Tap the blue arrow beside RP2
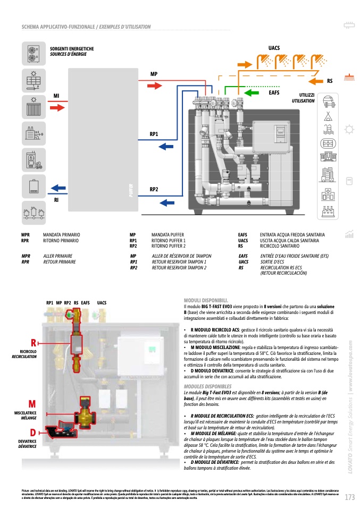coord(167,202)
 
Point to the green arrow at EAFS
coord(246,97)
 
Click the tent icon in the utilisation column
coord(328,115)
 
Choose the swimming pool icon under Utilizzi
coord(328,129)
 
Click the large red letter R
coord(33,342)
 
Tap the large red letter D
coord(32,432)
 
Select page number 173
coord(349,497)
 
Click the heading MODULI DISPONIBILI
coord(206,300)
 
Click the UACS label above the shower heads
coord(274,48)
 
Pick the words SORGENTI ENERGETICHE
coord(72,48)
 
